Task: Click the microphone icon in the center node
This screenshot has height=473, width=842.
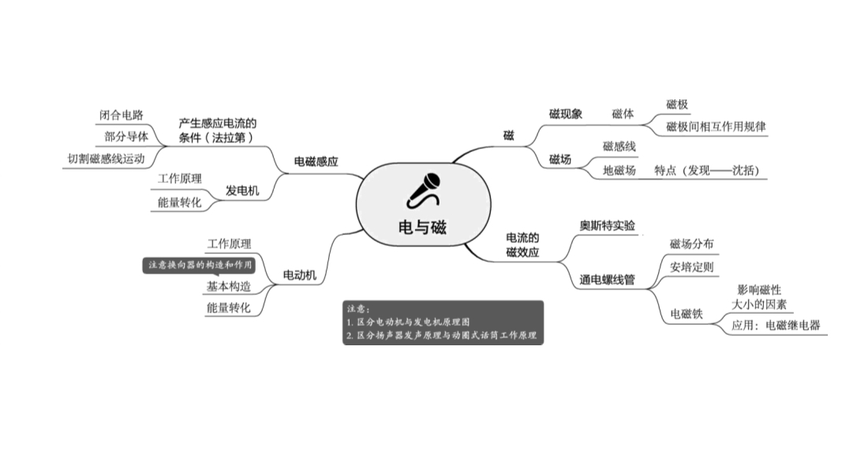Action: tap(424, 190)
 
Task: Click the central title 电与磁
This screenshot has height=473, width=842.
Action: tap(423, 227)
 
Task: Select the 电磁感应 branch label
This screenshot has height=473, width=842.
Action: tap(316, 162)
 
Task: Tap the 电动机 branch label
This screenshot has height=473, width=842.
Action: tap(300, 275)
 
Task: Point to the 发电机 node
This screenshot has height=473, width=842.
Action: tap(242, 190)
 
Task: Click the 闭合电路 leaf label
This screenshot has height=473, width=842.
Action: tap(122, 115)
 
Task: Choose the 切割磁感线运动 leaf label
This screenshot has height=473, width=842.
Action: tap(106, 158)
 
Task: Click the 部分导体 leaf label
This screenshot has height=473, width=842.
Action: tap(126, 136)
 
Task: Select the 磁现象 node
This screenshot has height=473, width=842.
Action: tap(566, 114)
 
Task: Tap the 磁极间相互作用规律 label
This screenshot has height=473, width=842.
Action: tap(716, 127)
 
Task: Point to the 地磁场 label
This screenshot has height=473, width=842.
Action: tap(619, 170)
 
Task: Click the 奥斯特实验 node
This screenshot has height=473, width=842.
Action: tap(607, 225)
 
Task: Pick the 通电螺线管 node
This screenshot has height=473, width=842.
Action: tap(607, 279)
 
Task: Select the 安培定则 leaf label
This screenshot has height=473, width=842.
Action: tap(691, 266)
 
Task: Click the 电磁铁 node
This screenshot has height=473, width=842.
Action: tap(687, 314)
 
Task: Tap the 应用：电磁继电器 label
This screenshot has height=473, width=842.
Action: tap(776, 325)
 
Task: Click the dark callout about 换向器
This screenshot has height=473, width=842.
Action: tap(199, 265)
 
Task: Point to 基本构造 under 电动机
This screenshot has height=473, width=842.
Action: tap(229, 286)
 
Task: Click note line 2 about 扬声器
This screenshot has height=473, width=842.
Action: tap(441, 335)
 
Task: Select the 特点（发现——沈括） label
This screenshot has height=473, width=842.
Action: tap(707, 170)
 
